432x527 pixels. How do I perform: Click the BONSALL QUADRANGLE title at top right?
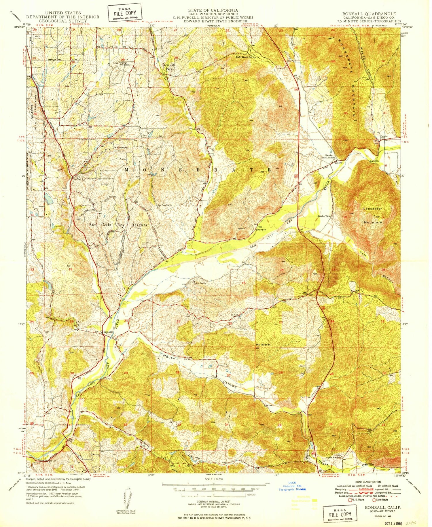click(x=369, y=14)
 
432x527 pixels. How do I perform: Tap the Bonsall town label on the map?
click(x=108, y=332)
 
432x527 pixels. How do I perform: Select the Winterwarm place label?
click(x=121, y=148)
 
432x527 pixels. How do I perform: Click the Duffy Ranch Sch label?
click(x=244, y=57)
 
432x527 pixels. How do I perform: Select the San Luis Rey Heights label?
click(x=118, y=225)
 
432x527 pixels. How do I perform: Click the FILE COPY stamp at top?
click(x=124, y=13)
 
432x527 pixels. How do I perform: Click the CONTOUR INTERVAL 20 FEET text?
click(x=213, y=502)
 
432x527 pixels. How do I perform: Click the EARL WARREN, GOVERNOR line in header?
click(x=213, y=14)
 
